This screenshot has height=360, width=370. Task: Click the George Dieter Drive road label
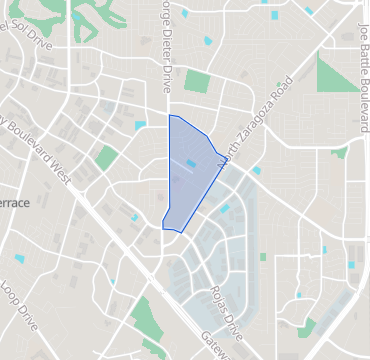pos(161,45)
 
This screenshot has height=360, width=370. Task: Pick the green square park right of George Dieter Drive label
pos(197,82)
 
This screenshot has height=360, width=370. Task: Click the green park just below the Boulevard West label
pos(107,157)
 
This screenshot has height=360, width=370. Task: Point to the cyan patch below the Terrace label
pos(20,259)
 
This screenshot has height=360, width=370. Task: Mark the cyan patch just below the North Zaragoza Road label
pos(256,170)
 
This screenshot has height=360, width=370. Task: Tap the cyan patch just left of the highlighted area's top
pos(140,125)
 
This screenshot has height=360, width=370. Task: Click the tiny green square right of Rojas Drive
pos(263,256)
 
